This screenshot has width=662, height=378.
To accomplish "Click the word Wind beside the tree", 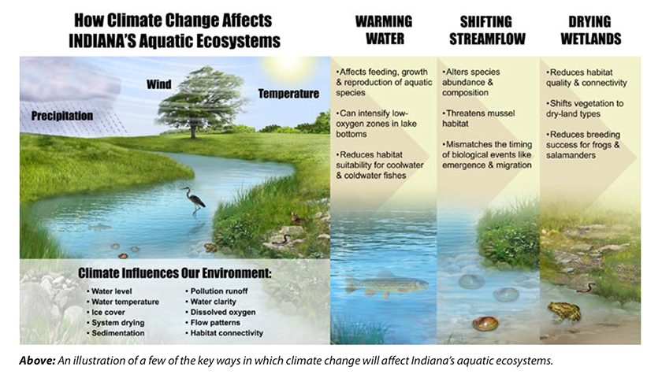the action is click(158, 84).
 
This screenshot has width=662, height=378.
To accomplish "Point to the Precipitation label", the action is click(62, 116).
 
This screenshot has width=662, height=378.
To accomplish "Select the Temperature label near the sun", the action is click(288, 94).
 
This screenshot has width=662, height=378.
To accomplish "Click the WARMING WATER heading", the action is click(384, 30).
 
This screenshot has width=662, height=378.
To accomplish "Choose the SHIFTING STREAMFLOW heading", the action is click(487, 30).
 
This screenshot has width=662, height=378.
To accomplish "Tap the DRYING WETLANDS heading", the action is click(590, 30).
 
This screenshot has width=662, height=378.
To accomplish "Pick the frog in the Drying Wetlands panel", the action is click(564, 312).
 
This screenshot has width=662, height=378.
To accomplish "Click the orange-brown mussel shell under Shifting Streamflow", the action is click(485, 324).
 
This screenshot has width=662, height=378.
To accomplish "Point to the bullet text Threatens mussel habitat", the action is click(478, 119).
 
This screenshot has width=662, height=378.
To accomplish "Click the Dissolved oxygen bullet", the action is click(221, 312).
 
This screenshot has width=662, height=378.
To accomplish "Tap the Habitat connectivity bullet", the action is click(224, 333).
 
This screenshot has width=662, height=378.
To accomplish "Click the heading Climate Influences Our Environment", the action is click(175, 273).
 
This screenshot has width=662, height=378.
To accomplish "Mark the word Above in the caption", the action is click(37, 361).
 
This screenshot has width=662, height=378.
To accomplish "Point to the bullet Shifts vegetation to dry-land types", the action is click(585, 109).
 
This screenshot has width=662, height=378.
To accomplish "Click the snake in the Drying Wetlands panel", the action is click(586, 288).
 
